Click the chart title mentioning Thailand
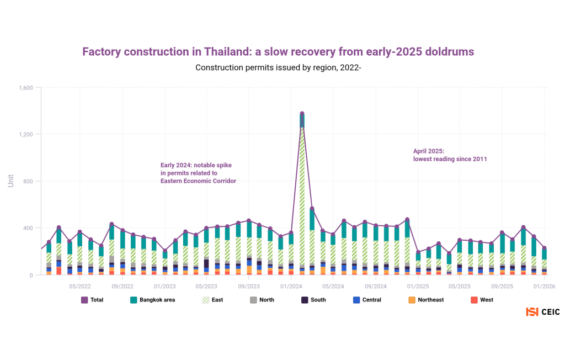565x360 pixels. (278, 52)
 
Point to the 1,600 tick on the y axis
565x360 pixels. (26, 88)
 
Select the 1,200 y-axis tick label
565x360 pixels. (26, 135)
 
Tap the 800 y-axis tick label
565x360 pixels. (28, 182)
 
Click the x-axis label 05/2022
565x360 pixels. (80, 286)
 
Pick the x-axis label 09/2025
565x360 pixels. (502, 286)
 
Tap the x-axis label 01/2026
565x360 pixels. (543, 286)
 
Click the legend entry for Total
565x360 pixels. (93, 300)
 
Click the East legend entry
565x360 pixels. (212, 300)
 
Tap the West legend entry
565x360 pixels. (482, 300)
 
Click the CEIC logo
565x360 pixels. (543, 312)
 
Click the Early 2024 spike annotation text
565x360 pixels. (198, 173)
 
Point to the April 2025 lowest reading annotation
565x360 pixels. (450, 155)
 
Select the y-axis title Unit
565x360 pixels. (10, 181)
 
